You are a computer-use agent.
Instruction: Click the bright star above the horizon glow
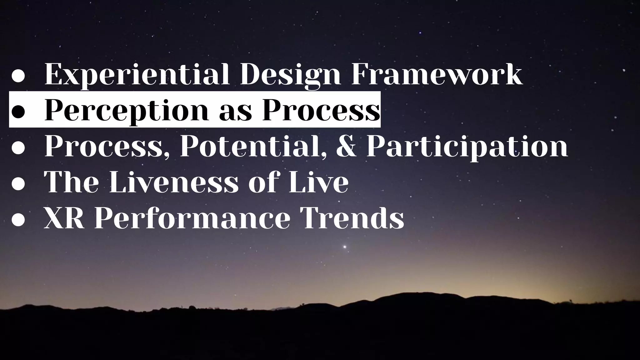point(345,247)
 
